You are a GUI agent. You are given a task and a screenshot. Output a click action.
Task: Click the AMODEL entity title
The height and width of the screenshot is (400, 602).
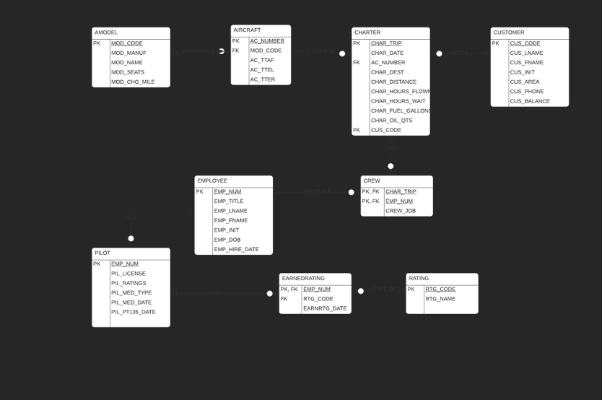[x=106, y=32]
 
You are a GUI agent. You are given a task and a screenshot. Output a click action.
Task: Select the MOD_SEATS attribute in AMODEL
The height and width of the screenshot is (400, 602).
[x=128, y=72]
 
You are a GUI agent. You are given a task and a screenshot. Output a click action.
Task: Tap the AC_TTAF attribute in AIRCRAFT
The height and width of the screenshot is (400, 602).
[x=262, y=60]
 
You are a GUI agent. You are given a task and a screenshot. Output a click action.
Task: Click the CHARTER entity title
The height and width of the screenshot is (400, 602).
[x=367, y=32]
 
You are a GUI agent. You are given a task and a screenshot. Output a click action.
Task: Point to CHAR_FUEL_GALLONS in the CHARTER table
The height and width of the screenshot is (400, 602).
[x=401, y=110]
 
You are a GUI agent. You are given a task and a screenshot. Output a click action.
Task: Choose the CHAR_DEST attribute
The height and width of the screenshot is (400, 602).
[x=388, y=72]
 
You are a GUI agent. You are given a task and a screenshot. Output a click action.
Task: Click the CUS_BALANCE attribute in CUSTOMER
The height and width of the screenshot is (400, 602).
[x=530, y=101]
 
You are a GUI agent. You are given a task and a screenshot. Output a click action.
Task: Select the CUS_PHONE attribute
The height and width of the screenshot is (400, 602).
[x=527, y=92]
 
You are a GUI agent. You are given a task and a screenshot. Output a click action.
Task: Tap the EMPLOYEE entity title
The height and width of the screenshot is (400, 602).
[x=212, y=181]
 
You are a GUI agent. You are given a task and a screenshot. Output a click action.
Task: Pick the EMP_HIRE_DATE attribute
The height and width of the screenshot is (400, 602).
[x=236, y=249]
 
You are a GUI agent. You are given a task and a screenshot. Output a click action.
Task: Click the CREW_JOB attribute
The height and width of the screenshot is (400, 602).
[x=401, y=211]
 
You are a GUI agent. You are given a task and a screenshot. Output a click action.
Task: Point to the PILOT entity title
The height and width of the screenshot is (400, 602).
[x=102, y=253]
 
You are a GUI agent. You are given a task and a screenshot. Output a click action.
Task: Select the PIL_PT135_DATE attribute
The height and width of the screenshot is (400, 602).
[x=134, y=312]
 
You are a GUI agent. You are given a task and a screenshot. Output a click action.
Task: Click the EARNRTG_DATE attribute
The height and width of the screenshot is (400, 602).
[x=325, y=308]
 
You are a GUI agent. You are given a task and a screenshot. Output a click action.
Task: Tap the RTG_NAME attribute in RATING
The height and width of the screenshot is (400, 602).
[x=440, y=299]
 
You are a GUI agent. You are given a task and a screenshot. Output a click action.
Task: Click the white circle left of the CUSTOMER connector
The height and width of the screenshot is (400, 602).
[x=439, y=53]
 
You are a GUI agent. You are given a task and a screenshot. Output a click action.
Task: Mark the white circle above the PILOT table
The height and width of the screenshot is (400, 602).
[x=131, y=238]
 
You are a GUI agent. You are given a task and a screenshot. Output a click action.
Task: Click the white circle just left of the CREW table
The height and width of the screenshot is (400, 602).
[x=352, y=192]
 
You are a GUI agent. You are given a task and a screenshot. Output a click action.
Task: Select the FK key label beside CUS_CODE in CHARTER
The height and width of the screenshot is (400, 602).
[x=357, y=130]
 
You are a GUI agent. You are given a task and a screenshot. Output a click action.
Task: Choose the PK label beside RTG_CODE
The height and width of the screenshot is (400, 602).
[x=411, y=289]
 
